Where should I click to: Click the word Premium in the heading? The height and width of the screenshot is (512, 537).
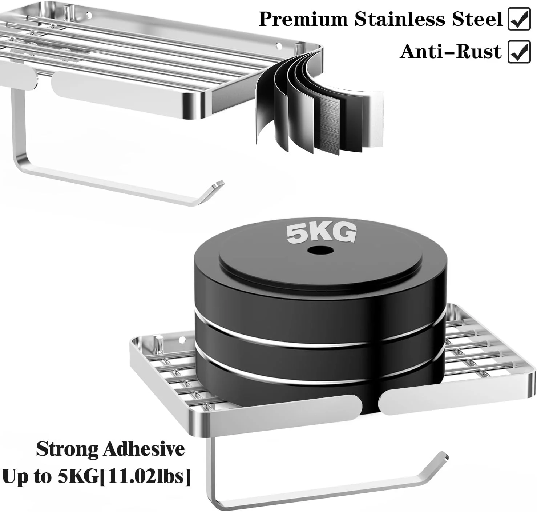coord(303,19)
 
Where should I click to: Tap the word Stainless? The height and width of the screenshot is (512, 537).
coord(400,19)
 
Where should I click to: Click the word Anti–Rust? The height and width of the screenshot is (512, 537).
coord(451,51)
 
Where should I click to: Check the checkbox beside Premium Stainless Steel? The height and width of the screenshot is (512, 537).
coord(519,19)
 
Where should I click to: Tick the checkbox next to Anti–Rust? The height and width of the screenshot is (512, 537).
coord(519,52)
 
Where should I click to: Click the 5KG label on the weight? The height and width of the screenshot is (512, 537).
coord(321,233)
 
